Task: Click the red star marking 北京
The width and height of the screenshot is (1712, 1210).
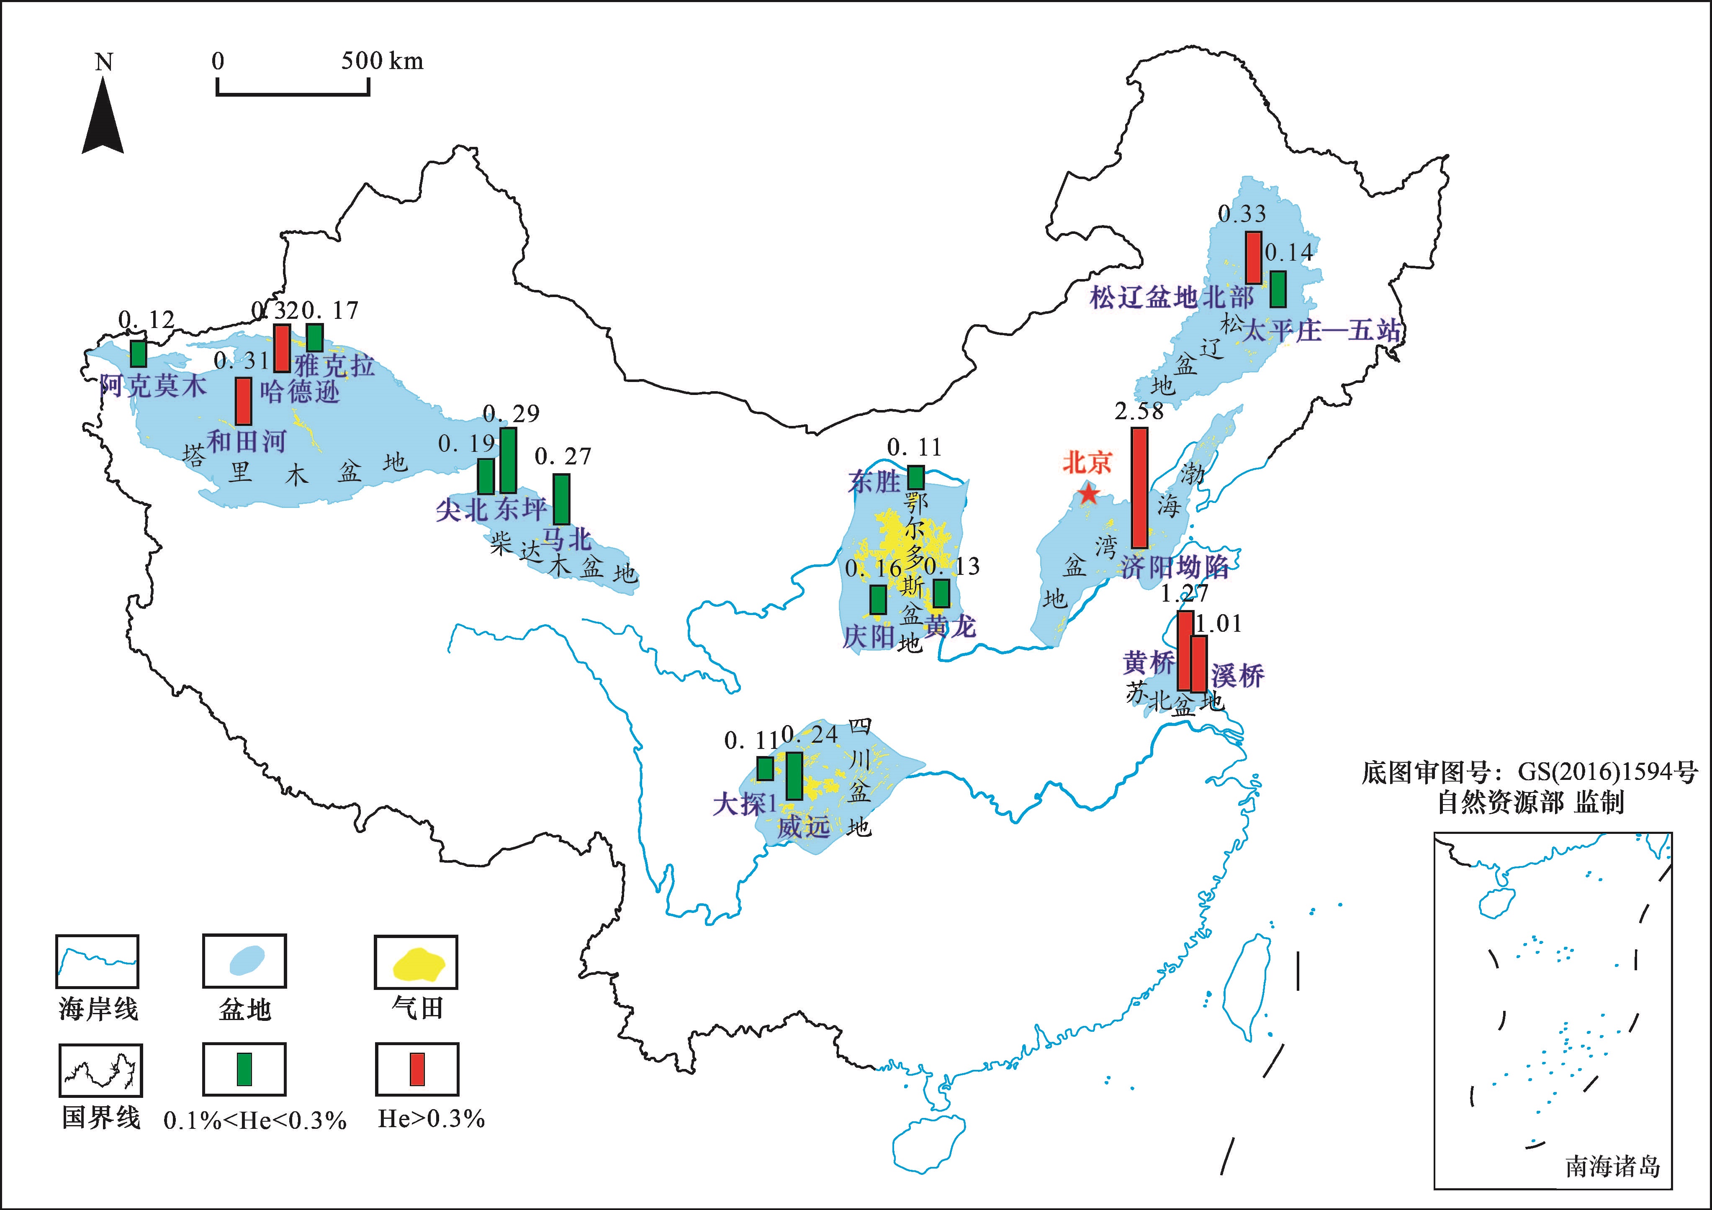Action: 1089,493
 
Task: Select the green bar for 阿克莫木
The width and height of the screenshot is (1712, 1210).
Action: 138,354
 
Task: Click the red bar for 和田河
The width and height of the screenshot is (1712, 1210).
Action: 243,401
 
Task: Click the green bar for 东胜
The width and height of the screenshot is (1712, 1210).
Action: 916,477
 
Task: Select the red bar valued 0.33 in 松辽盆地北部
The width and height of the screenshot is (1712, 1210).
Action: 1253,257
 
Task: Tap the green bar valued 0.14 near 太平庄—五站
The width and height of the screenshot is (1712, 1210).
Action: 1278,289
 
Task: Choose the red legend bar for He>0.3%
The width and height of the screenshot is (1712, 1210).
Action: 417,1069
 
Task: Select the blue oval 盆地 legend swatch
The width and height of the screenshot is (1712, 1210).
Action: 244,960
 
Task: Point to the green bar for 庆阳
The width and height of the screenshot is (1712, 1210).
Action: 878,600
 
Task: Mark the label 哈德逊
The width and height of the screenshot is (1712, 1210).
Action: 300,392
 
